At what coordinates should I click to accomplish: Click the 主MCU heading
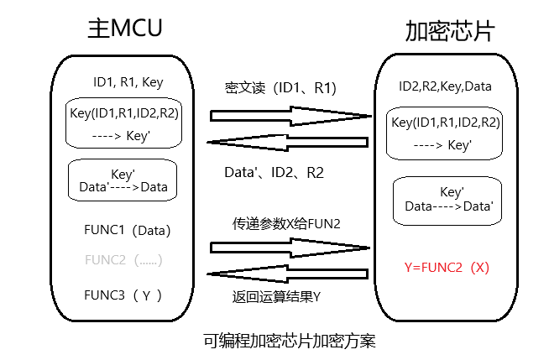pos(123,29)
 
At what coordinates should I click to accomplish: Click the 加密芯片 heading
pos(450,32)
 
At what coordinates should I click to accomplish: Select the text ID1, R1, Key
pos(128,82)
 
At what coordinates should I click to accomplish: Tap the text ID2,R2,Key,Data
pos(446,86)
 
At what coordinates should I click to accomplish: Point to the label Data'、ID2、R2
pos(274,171)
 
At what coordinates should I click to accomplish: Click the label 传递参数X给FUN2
pos(286,224)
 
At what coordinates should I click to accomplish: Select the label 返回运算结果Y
pos(277,298)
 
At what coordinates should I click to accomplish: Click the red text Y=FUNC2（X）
pos(447,268)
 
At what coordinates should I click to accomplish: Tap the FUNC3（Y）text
pos(123,295)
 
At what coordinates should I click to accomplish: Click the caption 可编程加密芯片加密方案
pos(290,342)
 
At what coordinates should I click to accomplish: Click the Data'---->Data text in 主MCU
pos(123,187)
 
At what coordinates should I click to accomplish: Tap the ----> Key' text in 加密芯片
pos(445,144)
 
